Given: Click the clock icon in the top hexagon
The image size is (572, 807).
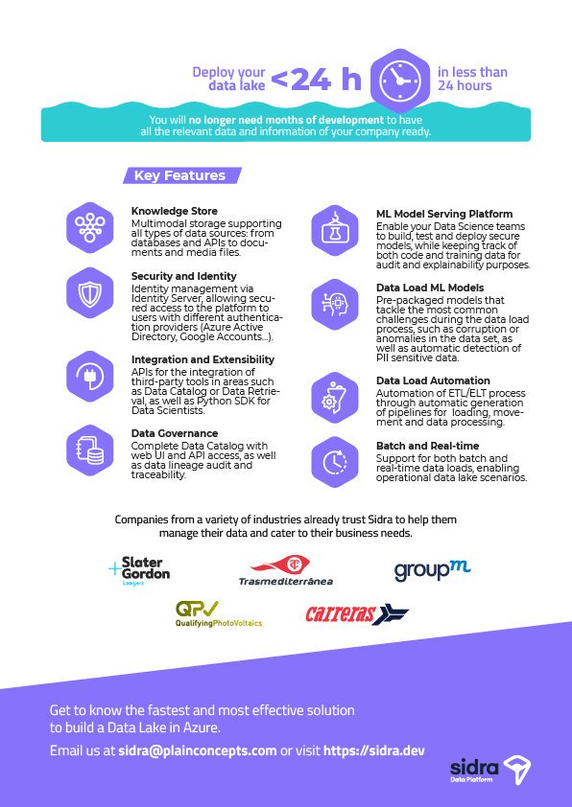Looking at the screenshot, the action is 396,80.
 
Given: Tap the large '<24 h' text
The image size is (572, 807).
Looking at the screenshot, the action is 316,81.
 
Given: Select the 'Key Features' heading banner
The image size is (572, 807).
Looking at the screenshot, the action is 180,175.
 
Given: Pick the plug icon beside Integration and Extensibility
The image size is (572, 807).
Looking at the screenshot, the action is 91,375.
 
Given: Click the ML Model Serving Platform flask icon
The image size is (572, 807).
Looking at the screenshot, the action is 335,231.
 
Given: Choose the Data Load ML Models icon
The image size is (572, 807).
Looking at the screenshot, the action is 335,305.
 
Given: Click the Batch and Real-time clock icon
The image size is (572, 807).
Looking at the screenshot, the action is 335,461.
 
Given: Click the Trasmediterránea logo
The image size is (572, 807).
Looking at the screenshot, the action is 286,569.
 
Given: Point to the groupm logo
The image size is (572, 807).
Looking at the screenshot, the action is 431,570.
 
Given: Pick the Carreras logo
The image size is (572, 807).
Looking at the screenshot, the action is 356,614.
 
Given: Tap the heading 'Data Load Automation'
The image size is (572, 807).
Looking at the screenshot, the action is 432,380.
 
